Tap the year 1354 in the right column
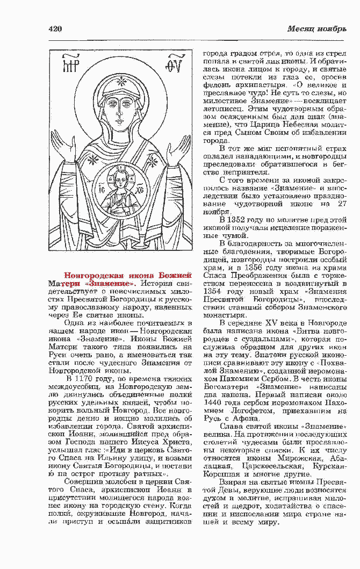[x=211, y=291]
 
